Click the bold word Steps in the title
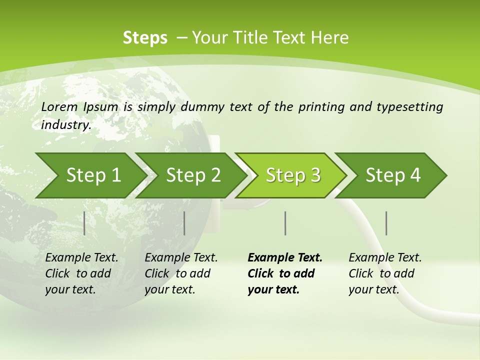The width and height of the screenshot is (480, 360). [x=145, y=37]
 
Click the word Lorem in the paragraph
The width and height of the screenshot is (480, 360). [x=59, y=106]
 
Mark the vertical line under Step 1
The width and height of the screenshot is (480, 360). [x=84, y=223]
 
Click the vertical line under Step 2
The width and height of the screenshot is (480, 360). [x=184, y=223]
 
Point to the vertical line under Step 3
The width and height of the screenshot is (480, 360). [x=285, y=223]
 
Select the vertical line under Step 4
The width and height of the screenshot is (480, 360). [x=386, y=223]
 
